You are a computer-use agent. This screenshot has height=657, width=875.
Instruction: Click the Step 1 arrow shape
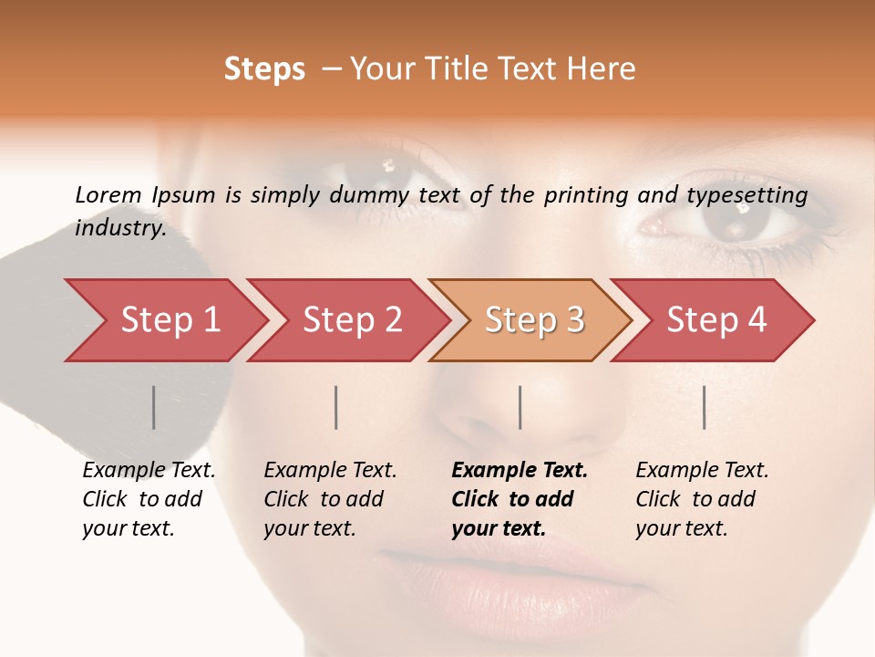click(164, 320)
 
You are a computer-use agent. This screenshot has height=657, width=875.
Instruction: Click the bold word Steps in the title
click(264, 69)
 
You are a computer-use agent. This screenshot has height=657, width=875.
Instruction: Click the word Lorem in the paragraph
click(108, 194)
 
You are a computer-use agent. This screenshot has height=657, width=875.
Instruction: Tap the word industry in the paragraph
click(119, 227)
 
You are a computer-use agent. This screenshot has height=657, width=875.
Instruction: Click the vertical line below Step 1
click(154, 407)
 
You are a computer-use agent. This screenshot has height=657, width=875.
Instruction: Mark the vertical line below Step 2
click(336, 407)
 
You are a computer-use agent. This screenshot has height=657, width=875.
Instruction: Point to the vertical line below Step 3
click(520, 407)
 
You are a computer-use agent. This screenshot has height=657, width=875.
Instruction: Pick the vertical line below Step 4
click(704, 407)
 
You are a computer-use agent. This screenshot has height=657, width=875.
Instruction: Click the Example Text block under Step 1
click(149, 499)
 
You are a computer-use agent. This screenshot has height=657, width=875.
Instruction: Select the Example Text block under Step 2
click(330, 499)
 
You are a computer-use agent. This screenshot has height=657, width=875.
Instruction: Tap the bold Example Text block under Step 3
click(520, 499)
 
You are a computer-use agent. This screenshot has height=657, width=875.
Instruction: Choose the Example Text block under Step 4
click(702, 499)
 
